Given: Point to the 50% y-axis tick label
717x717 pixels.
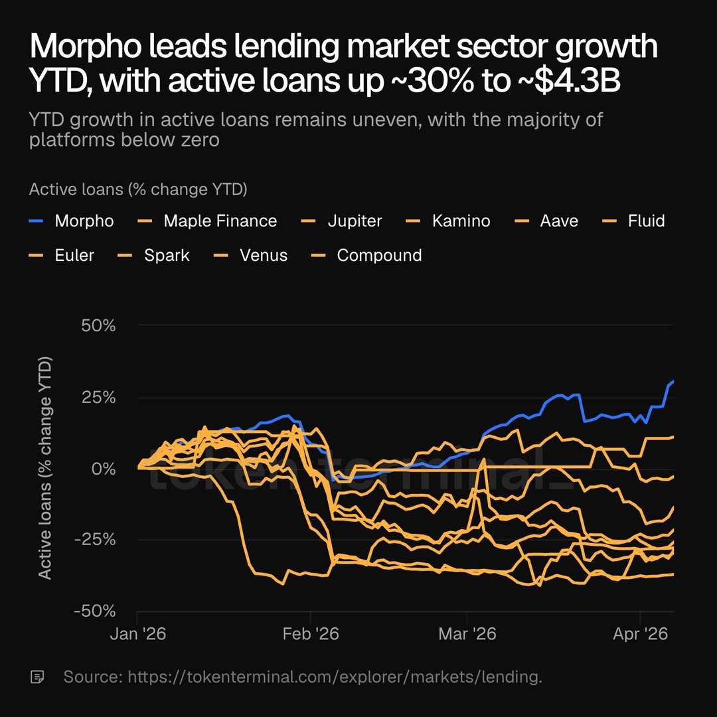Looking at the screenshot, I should (98, 326).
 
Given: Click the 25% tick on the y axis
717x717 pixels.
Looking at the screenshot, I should (98, 398).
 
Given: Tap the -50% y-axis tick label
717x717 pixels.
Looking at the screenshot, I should (94, 611).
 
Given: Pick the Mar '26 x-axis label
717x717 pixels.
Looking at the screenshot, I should (467, 635).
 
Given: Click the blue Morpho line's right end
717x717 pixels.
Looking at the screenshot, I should (673, 381).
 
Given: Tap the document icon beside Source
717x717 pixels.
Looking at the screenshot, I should (38, 677).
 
